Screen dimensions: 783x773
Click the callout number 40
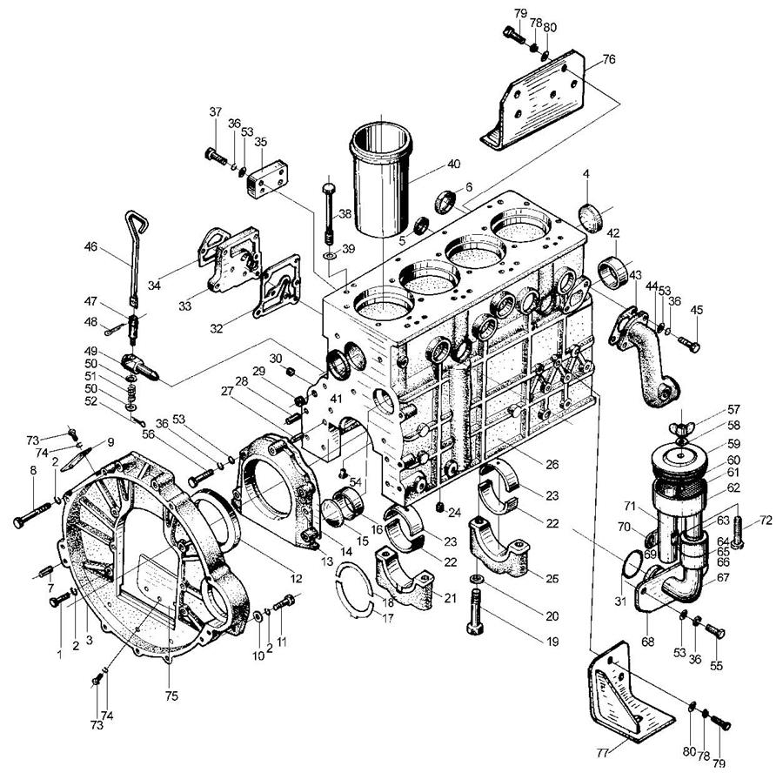[x=453, y=164]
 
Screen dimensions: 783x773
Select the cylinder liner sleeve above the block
[x=382, y=180]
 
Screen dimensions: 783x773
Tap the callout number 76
[x=609, y=59]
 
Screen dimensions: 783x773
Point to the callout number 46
[x=91, y=247]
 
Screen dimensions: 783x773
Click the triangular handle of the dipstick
[x=137, y=222]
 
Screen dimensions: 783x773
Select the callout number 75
[x=171, y=696]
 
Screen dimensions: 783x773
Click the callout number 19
[x=552, y=641]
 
